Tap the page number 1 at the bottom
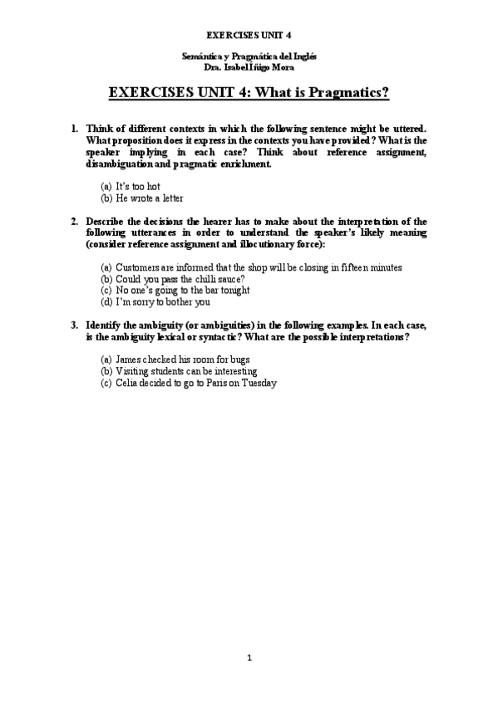[x=249, y=658]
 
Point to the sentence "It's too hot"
[x=137, y=187]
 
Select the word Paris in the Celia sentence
[x=218, y=383]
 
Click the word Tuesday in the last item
[x=257, y=383]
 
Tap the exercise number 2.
[x=74, y=222]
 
